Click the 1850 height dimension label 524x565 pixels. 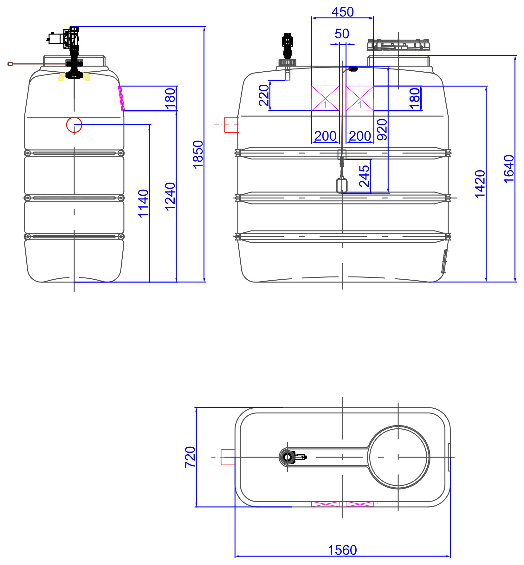(x=198, y=154)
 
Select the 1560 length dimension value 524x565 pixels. (x=342, y=550)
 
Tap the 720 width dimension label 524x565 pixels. (x=190, y=457)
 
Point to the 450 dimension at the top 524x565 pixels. (x=343, y=12)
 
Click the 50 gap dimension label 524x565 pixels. (x=342, y=34)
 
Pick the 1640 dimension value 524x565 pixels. (x=509, y=169)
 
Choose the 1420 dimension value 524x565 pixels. (x=480, y=184)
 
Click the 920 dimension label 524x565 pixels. (x=382, y=129)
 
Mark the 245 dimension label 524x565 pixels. (x=365, y=176)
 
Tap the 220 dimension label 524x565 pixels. (x=264, y=95)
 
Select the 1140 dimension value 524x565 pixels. (x=143, y=203)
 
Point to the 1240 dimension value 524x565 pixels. (x=170, y=196)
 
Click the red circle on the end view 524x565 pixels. (x=74, y=125)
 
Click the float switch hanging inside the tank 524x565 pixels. (x=342, y=185)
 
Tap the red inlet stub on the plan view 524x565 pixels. (x=228, y=457)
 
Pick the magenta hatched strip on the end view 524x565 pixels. (x=121, y=98)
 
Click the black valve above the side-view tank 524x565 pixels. (x=288, y=46)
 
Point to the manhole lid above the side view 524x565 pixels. (x=398, y=45)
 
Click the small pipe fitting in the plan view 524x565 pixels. (x=293, y=457)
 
